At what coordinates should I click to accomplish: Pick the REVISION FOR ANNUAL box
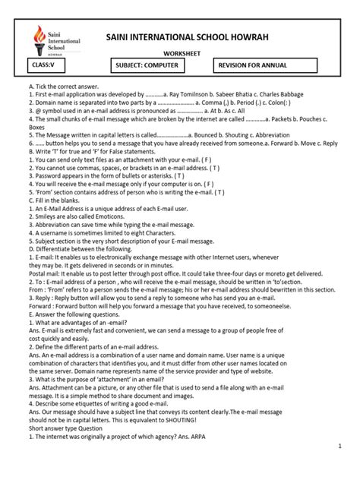[x=267, y=68]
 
